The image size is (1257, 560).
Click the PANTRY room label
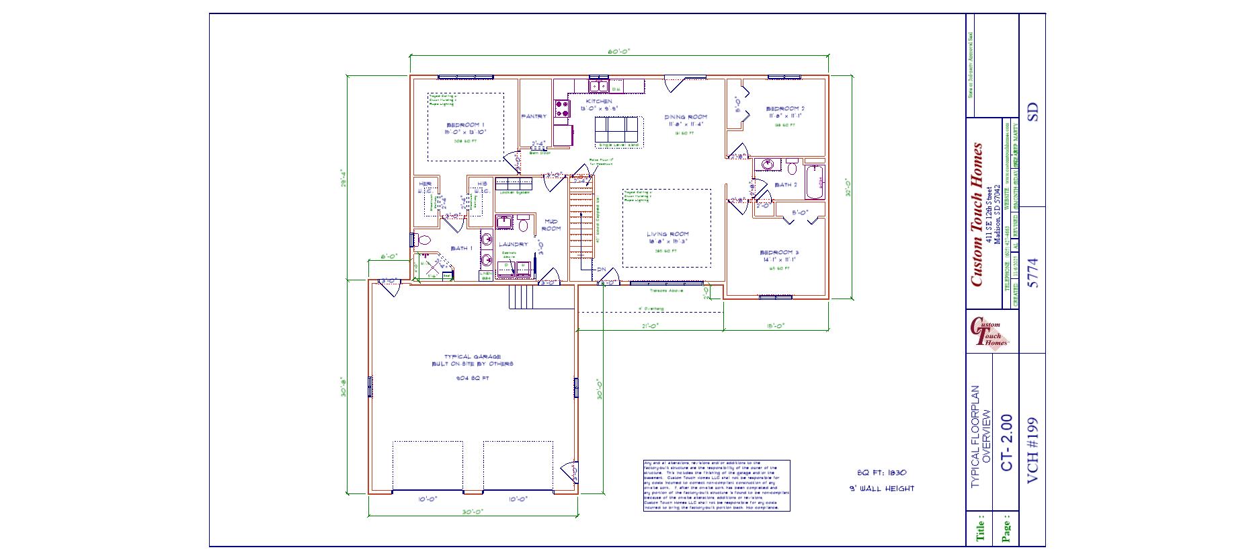pos(534,116)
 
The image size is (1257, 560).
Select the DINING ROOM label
pos(686,117)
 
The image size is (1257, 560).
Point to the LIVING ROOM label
pos(667,235)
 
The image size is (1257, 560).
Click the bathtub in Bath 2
pos(814,182)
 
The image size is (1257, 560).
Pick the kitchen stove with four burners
pos(562,109)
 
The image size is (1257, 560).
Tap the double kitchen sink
pos(599,86)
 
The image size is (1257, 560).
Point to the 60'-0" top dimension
pos(619,52)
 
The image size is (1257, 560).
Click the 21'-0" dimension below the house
pos(649,326)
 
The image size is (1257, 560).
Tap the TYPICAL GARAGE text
pos(472,357)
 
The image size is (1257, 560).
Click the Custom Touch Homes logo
pos(989,333)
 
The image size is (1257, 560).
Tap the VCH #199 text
pos(1033,450)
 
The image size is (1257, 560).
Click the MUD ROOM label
pos(551,225)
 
